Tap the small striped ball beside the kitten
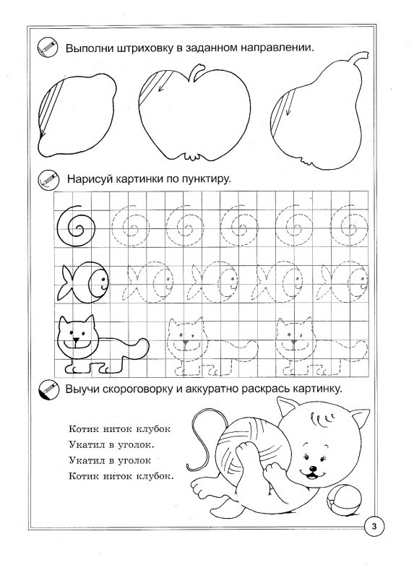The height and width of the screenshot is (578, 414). (339, 500)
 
